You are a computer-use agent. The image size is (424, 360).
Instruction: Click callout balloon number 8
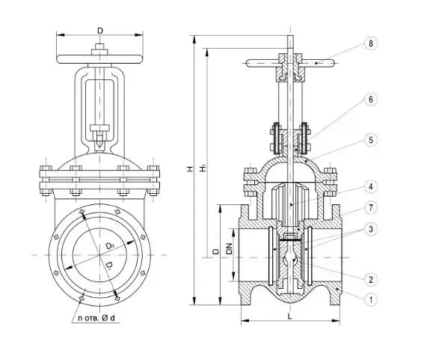[370, 43]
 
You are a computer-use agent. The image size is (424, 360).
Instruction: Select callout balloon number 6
[370, 100]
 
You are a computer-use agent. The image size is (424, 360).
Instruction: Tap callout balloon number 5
[370, 140]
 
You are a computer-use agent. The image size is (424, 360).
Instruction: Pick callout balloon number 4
[370, 186]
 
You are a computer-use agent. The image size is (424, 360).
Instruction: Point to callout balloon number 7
[370, 207]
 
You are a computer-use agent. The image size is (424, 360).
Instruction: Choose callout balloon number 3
[370, 229]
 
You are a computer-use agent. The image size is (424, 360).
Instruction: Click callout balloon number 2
[370, 279]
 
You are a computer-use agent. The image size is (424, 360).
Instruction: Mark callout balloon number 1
[370, 299]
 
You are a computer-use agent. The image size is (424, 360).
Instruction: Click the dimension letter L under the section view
[290, 316]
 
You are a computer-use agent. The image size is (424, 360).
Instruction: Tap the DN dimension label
[230, 248]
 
